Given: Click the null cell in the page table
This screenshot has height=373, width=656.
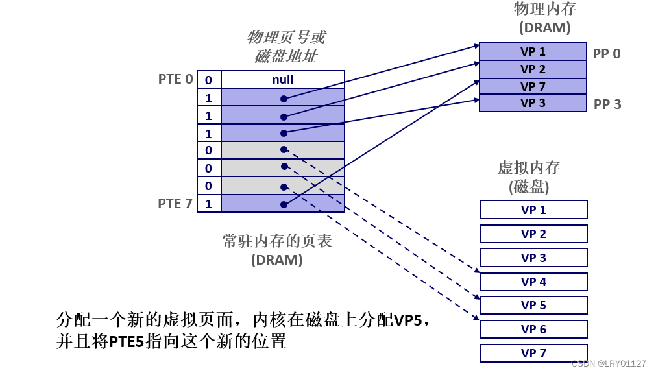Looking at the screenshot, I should (x=282, y=80).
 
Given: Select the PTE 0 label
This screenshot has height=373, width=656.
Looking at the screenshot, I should (x=175, y=79).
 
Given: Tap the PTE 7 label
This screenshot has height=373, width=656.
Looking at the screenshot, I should (x=175, y=204).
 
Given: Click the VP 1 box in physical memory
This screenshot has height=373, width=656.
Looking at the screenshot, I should (x=533, y=52).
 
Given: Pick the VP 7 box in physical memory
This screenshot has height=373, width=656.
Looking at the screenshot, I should (x=533, y=86).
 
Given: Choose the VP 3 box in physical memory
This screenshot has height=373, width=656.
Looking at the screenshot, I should (x=533, y=103).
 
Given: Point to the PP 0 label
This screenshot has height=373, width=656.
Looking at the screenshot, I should (x=606, y=54).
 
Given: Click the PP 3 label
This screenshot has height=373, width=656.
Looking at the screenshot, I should (x=607, y=104).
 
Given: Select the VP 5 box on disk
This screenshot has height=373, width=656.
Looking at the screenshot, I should (x=533, y=305).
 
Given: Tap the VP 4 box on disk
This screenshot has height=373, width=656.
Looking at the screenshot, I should (x=533, y=282).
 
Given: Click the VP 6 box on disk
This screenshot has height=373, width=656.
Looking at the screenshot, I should (x=533, y=329).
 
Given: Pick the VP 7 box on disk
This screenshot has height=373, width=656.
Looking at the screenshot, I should (x=533, y=353).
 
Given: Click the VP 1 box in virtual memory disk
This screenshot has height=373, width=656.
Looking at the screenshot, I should (x=533, y=210).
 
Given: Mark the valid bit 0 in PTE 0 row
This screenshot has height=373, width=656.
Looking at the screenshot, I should (x=208, y=80).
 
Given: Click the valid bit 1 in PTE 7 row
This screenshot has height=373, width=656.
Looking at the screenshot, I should (x=208, y=204).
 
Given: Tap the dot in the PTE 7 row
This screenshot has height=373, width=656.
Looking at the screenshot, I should (x=284, y=204).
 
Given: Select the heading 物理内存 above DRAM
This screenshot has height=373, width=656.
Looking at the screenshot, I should (x=544, y=9).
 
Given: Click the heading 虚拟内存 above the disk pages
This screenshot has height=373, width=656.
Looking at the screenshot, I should (x=528, y=168).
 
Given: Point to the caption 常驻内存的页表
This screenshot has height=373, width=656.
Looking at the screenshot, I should (x=277, y=241).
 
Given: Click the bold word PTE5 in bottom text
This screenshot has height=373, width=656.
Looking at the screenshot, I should (x=126, y=342).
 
